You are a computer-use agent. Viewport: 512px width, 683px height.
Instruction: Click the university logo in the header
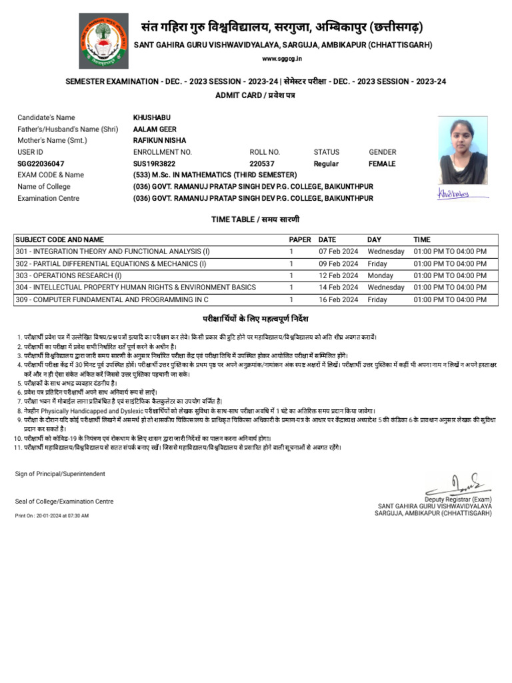pos(103,41)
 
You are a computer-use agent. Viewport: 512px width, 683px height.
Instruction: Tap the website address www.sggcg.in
pos(283,59)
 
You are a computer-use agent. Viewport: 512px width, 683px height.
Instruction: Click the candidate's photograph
pos(463,150)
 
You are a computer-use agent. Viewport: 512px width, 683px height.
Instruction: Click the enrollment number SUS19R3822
pos(155,163)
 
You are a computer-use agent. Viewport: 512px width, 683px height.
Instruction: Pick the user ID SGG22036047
pos(41,163)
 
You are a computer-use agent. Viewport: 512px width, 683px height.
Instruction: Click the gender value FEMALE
pos(382,163)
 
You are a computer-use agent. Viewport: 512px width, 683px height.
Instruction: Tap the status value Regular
pos(326,163)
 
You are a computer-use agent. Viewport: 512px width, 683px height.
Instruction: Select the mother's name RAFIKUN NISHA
pos(160,140)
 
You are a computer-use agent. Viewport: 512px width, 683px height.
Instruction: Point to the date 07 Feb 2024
pos(338,251)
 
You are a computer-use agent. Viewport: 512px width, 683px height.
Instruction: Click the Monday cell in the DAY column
pos(380,275)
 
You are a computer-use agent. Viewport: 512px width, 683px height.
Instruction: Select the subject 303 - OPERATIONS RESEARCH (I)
pos(69,275)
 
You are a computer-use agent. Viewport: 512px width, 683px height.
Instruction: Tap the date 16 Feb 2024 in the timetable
pos(338,299)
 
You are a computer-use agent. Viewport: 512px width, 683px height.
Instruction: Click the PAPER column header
pos(300,239)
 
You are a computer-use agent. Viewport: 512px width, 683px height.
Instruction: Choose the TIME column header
pos(422,239)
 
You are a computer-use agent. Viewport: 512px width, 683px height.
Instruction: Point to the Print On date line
pos(52,516)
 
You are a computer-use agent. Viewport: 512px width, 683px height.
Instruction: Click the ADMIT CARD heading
pos(255,95)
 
